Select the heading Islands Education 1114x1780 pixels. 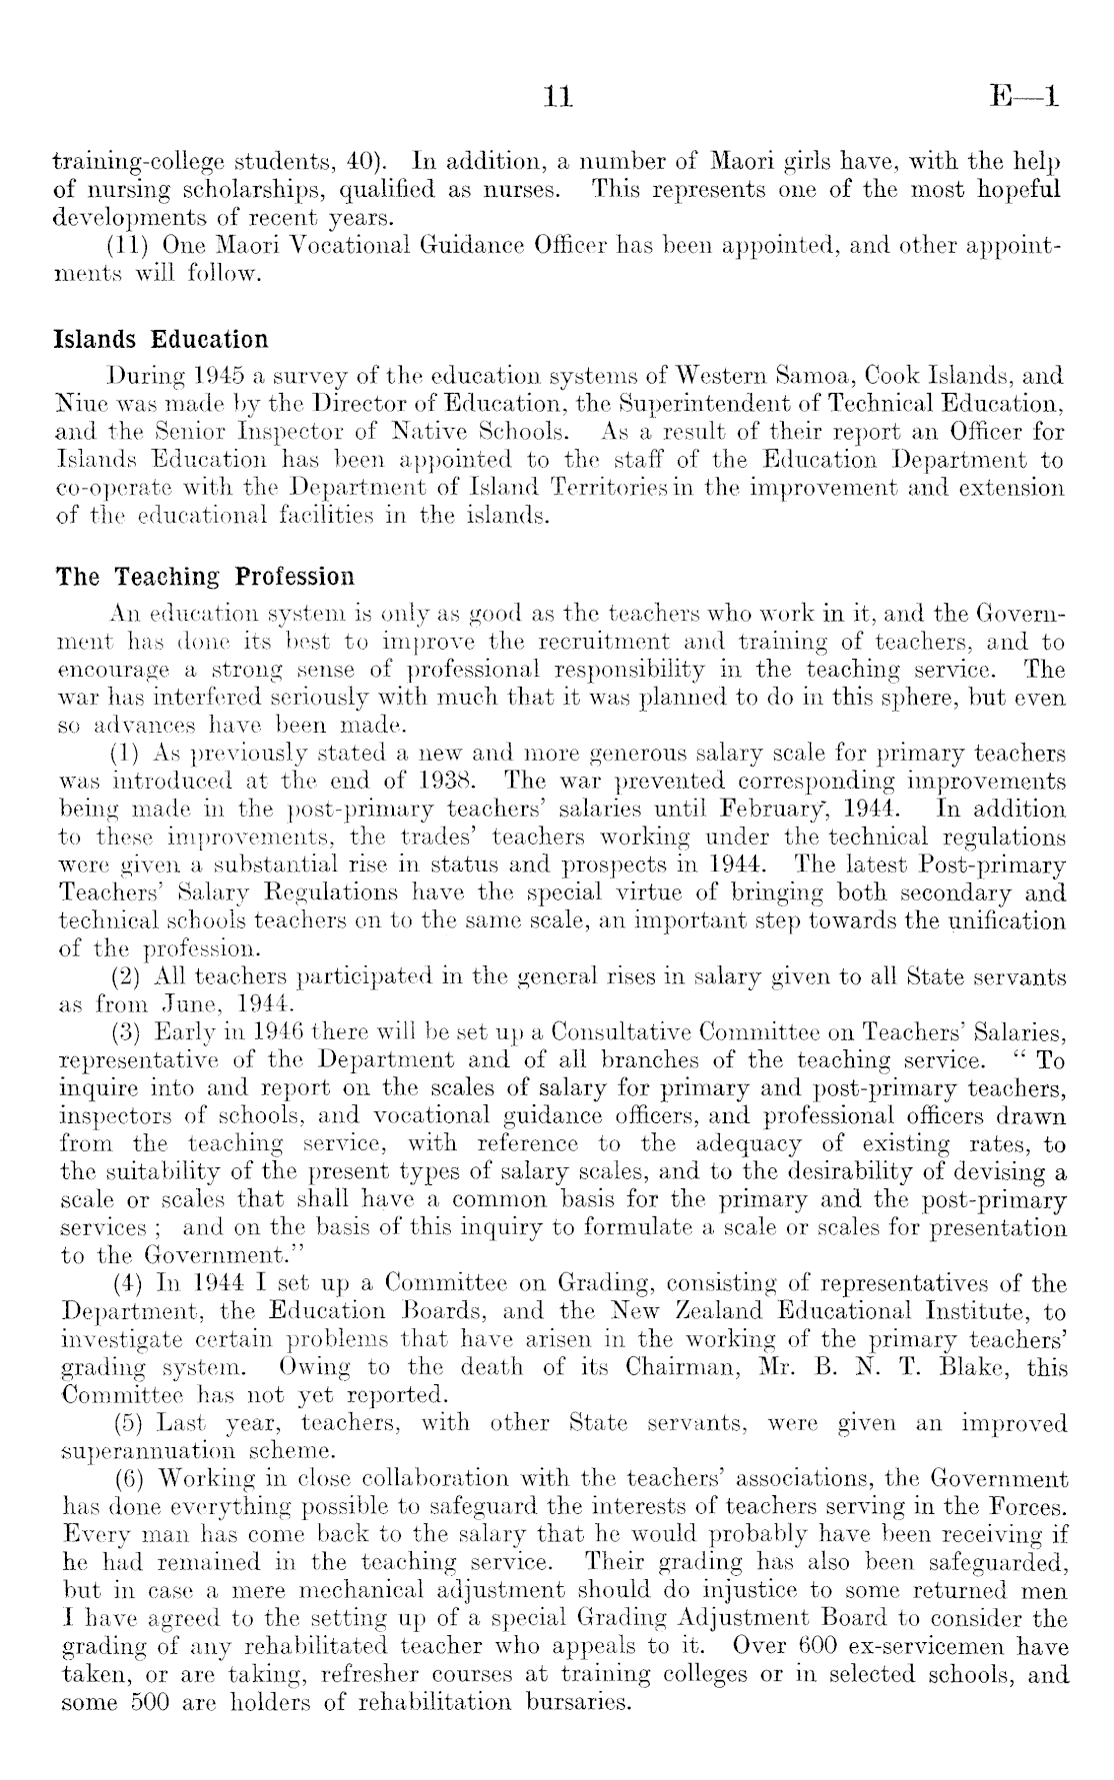[161, 340]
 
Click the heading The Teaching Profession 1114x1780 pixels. [205, 577]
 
